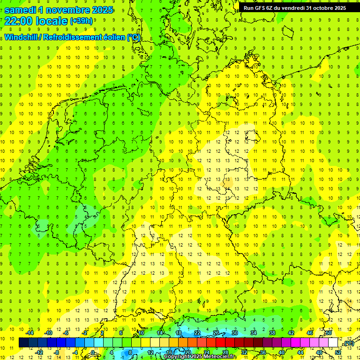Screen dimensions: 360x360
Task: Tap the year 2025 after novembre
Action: (100, 9)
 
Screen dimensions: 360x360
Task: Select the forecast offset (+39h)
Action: (81, 21)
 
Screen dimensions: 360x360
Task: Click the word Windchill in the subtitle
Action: (22, 37)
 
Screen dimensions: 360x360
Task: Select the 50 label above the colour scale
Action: (329, 333)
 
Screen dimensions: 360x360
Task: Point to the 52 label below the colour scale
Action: (338, 352)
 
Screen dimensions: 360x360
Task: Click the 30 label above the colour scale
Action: (235, 333)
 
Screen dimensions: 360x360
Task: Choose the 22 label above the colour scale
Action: (197, 333)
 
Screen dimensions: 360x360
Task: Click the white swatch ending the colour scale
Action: (333, 343)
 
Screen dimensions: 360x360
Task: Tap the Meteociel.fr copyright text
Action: (200, 357)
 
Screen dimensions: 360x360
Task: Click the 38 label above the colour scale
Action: (272, 333)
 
